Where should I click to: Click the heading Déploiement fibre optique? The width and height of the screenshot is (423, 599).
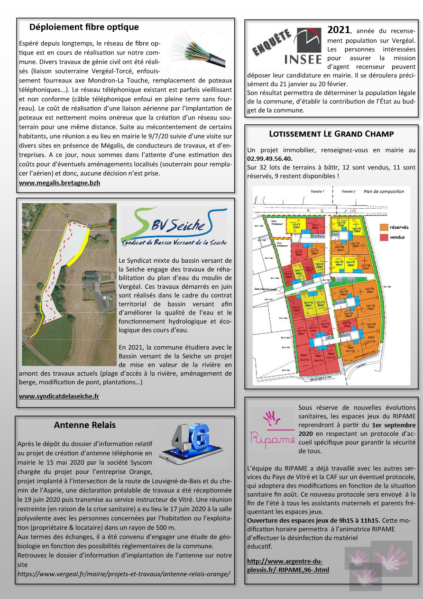coord(84,27)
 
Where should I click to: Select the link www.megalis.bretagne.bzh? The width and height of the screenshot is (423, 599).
coord(59,183)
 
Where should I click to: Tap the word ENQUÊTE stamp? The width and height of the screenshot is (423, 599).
coord(272,43)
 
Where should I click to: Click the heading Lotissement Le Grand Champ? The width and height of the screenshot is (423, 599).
coord(331,134)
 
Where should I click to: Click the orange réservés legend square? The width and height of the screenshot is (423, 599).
coord(384,228)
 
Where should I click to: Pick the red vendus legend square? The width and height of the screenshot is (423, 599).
coord(384,237)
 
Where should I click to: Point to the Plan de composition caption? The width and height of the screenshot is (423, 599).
coord(384,192)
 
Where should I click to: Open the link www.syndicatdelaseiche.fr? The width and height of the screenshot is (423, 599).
coord(59,396)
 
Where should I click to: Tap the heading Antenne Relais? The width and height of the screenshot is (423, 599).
coord(84,425)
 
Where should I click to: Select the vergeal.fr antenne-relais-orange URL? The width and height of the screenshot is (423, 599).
coord(124,574)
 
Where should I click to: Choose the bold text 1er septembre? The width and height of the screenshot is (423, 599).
coord(394,425)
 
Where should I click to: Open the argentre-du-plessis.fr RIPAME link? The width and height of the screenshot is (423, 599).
coord(288,565)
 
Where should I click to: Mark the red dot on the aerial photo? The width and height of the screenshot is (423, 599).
coord(110,223)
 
